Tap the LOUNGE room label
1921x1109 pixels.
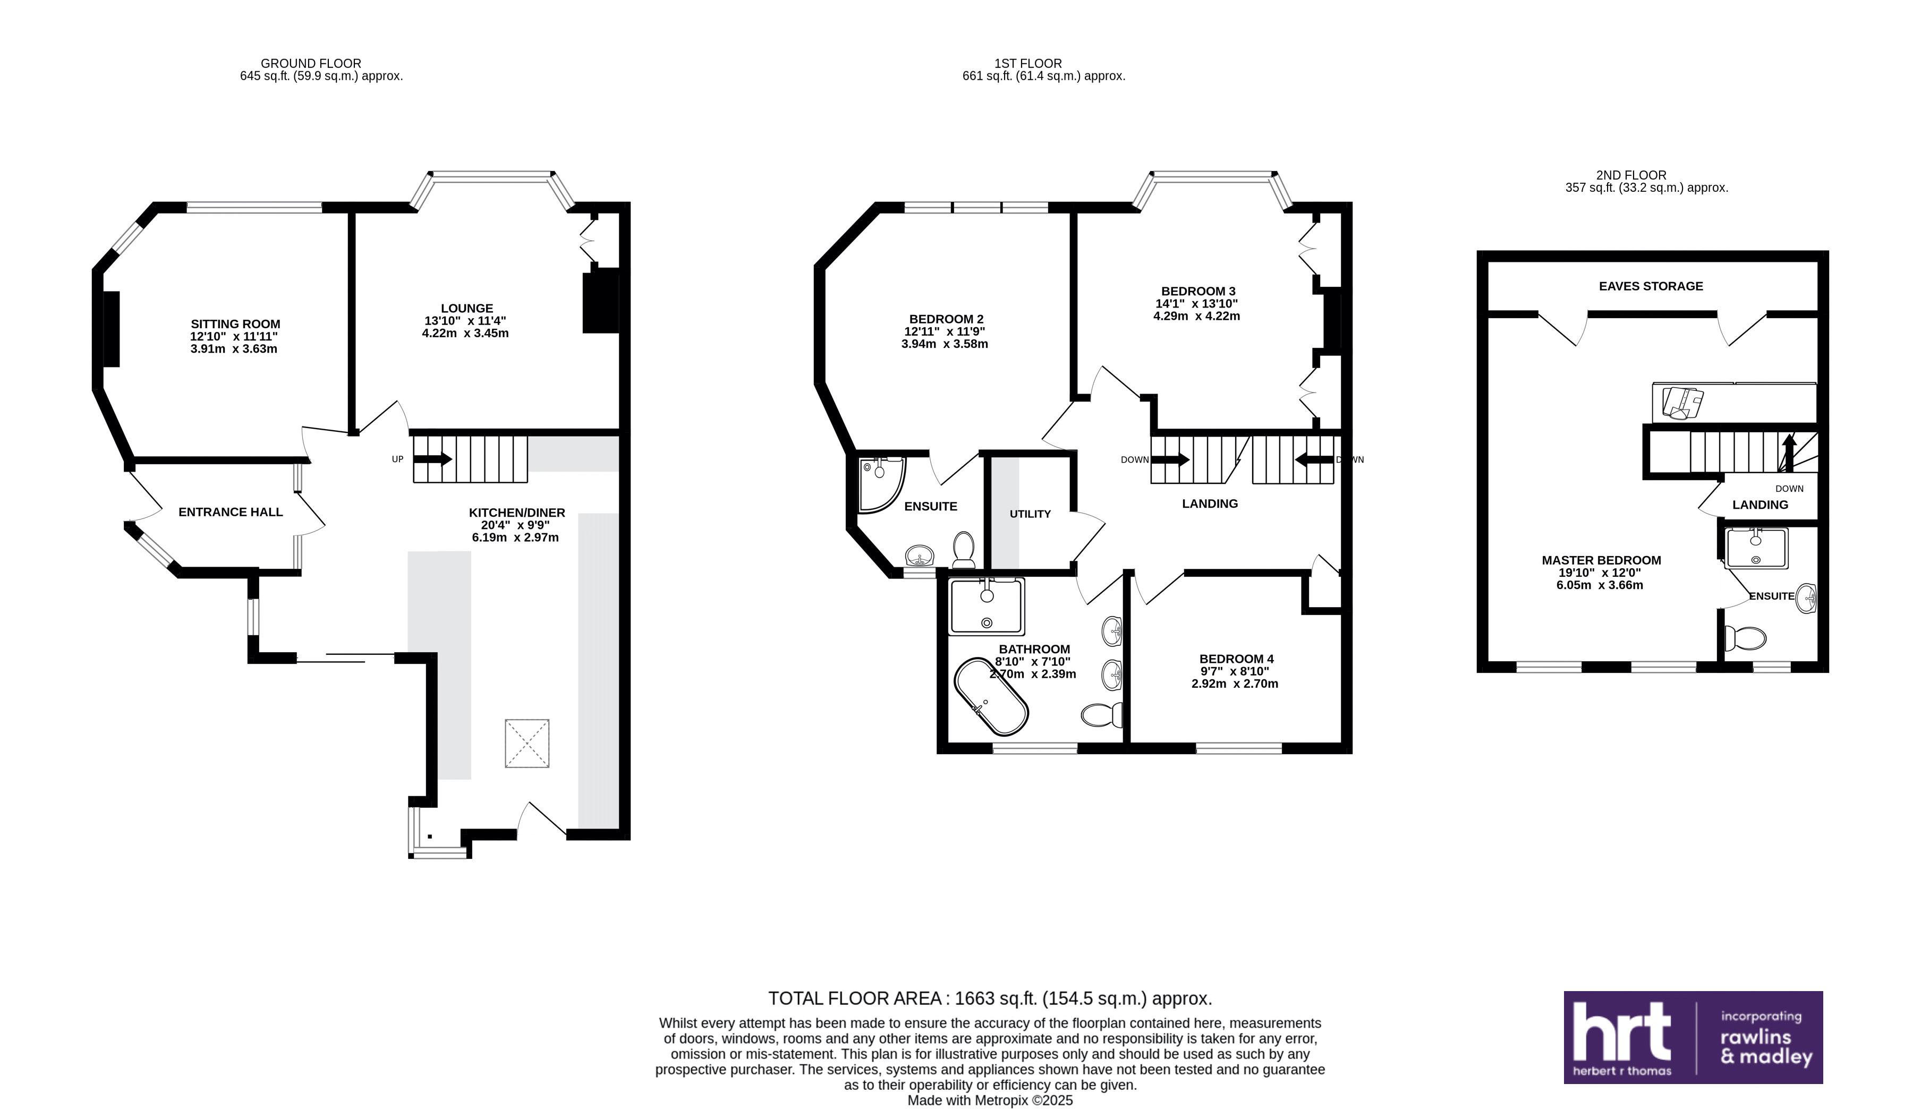coord(466,309)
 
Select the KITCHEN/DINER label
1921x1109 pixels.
coord(516,513)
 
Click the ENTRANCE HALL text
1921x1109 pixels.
coord(231,512)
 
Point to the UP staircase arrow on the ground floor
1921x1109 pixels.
coord(432,459)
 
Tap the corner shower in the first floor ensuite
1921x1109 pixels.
coord(881,484)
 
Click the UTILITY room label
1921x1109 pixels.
coord(1030,514)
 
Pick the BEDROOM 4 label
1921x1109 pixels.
coord(1236,659)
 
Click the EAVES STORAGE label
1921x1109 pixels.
coord(1651,286)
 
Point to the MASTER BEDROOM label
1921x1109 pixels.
coord(1601,560)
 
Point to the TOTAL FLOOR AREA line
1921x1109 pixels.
coord(989,999)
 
